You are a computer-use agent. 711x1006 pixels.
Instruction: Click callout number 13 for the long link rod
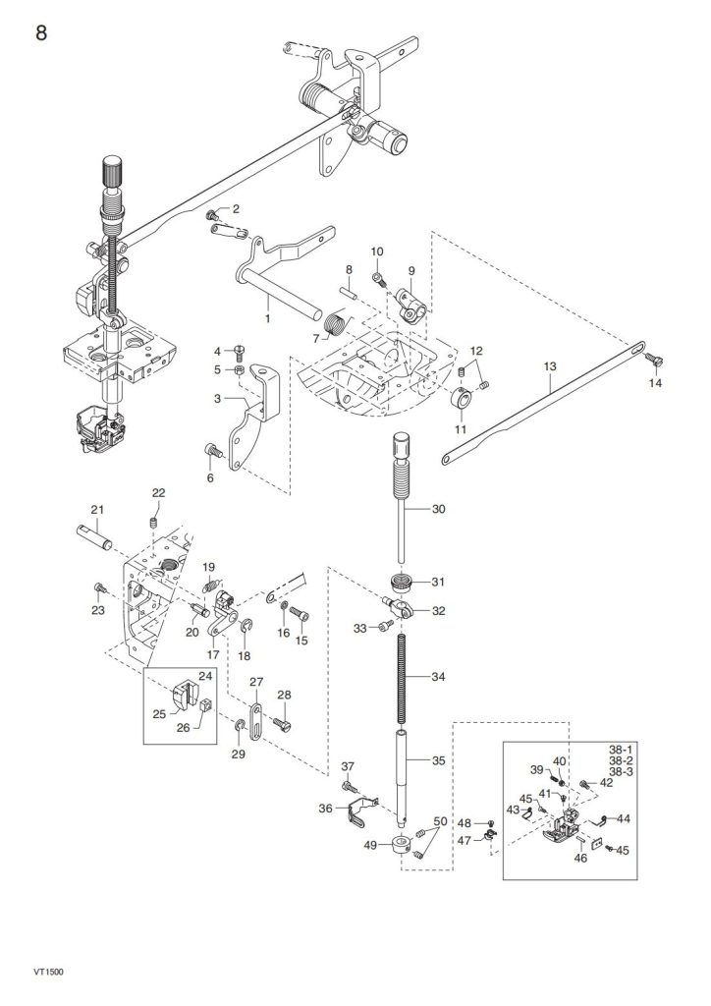coord(550,366)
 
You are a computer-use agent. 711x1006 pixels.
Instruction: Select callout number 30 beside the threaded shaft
coord(438,509)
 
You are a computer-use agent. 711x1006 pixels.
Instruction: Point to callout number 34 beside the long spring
coord(438,676)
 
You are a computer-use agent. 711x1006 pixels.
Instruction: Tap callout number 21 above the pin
coord(97,509)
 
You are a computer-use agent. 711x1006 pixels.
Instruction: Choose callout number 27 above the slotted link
coord(255,683)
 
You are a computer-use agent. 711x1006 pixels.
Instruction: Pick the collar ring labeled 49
coord(402,844)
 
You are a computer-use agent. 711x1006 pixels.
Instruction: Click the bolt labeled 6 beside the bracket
coord(209,451)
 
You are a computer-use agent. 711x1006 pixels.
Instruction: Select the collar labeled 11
coord(460,403)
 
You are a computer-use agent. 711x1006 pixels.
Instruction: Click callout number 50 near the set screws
coord(439,820)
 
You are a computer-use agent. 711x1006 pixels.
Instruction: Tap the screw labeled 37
coord(349,786)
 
